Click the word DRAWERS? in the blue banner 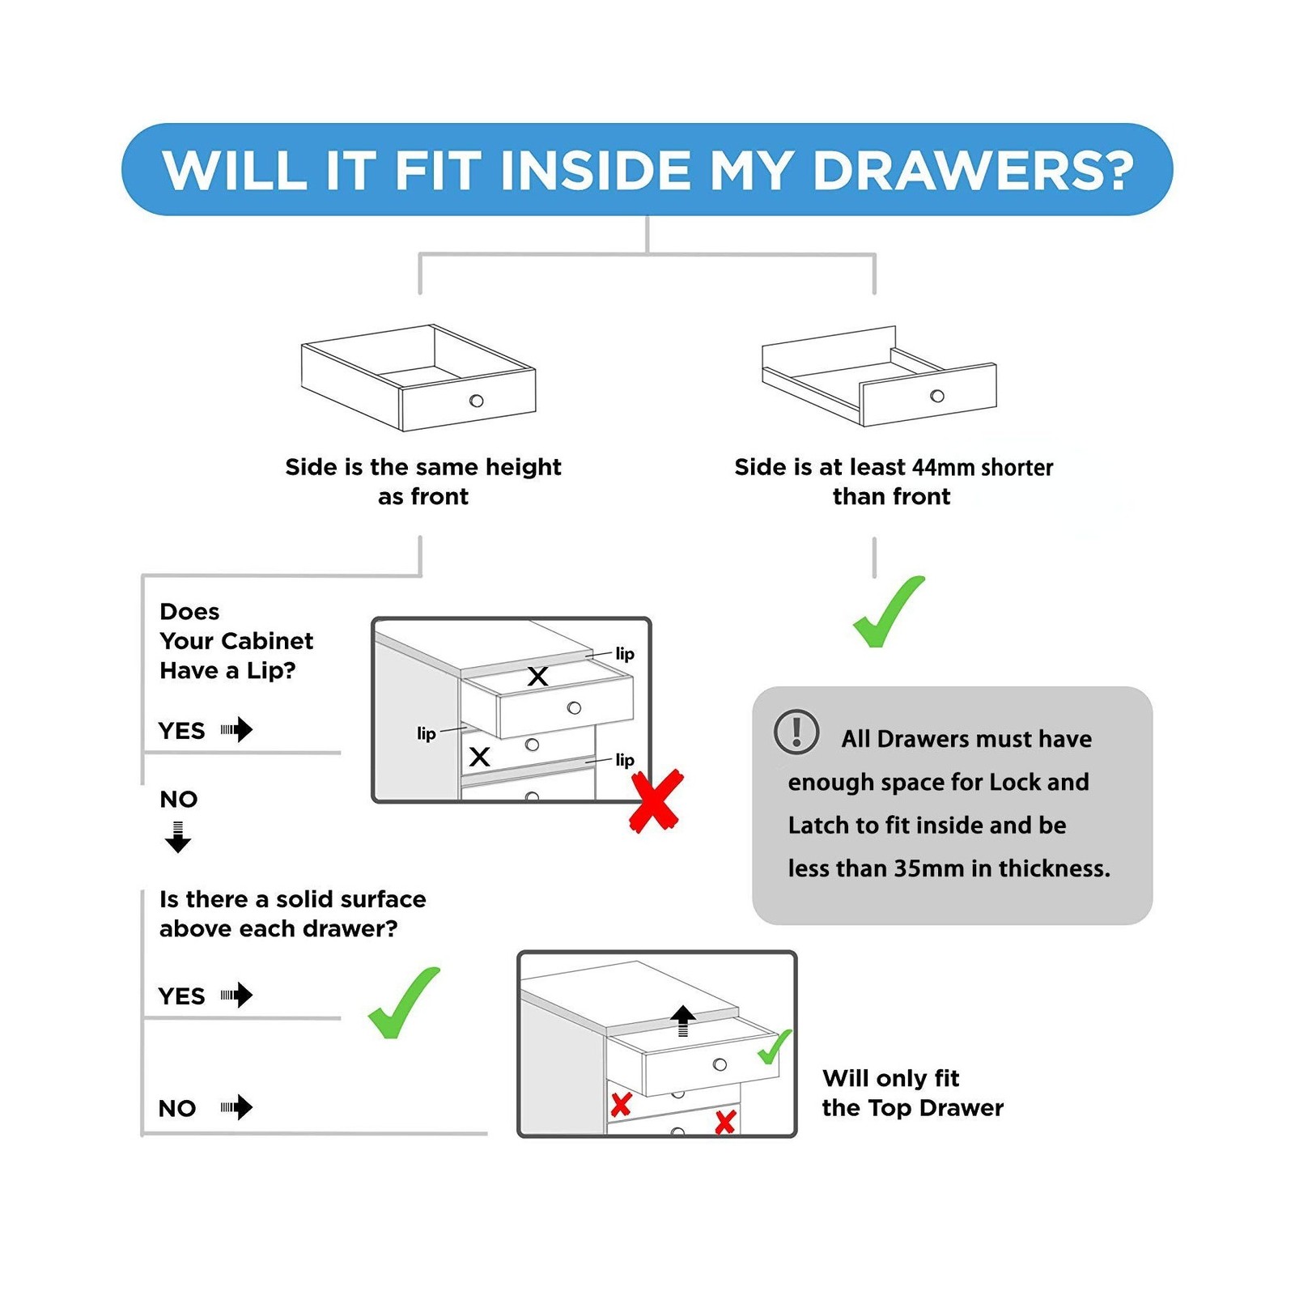point(973,171)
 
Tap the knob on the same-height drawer point(477,401)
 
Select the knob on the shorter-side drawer point(937,396)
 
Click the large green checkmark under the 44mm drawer point(889,611)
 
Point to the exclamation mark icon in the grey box point(796,732)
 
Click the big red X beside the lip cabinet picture point(656,801)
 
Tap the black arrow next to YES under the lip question point(236,729)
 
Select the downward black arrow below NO point(178,837)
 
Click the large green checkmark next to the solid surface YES point(404,1003)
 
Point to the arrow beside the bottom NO point(236,1106)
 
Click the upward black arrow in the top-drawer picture point(683,1021)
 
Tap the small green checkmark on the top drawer point(775,1047)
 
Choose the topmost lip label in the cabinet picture point(625,653)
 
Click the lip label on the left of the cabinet point(427,733)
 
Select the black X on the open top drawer point(537,677)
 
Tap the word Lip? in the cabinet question point(270,671)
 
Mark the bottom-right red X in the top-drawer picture point(725,1122)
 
